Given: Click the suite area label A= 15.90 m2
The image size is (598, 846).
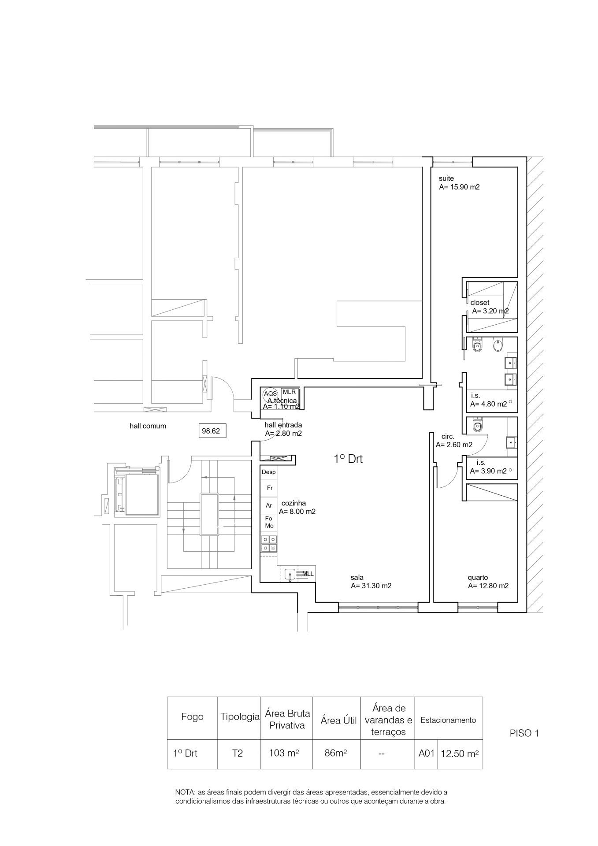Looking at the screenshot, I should point(459,187).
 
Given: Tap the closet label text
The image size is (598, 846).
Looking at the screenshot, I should point(479,303).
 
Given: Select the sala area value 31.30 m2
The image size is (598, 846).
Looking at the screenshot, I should point(371,586).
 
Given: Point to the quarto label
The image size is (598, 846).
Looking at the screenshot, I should point(478,577).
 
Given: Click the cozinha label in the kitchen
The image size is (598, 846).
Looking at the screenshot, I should point(293,503).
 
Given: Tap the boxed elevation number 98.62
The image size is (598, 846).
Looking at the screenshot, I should point(211,431).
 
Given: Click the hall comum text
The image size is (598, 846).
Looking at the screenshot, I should point(148,426).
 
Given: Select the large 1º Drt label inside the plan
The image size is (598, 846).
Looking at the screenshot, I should point(348,459).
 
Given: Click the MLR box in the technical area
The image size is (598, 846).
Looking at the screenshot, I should point(289,392).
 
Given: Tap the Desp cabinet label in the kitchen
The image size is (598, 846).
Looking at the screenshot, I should point(268,472).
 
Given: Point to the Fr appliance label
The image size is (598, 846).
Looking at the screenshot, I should point(269,488).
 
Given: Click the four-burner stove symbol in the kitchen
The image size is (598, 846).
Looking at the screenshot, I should point(268,543).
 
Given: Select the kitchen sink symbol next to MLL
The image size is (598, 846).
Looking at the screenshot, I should point(290,575).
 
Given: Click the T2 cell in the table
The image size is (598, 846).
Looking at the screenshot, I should point(237,753).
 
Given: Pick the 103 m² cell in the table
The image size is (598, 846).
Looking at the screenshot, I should point(286,753).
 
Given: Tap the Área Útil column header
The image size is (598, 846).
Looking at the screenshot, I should point(338,721).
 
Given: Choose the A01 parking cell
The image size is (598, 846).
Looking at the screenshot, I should point(426,753).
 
